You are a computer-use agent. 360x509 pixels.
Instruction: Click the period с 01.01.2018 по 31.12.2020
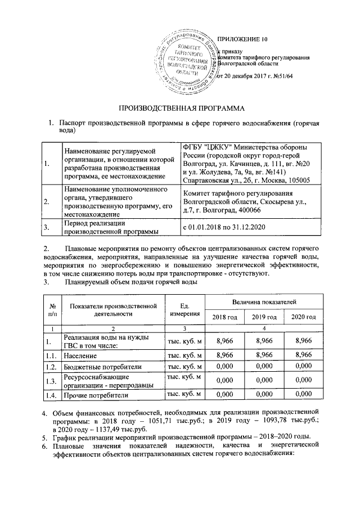tap(225, 227)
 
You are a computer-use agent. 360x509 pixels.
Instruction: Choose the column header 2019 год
tap(264, 318)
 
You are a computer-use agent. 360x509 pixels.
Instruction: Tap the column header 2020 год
tap(303, 318)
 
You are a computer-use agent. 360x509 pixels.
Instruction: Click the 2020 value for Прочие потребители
tap(303, 395)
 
